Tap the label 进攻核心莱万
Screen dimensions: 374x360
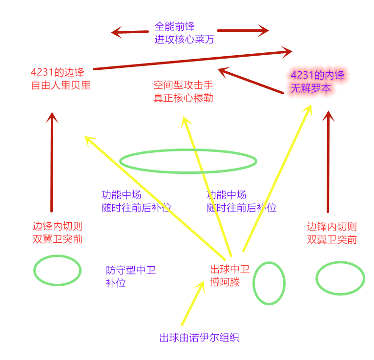point(184,40)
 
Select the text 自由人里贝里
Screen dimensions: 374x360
point(61,85)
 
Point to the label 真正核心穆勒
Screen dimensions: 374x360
point(183,98)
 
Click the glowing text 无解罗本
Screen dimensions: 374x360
point(311,89)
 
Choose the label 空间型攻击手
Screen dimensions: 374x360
point(183,85)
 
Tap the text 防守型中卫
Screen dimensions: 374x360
point(131,270)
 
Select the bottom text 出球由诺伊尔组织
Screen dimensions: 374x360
point(199,338)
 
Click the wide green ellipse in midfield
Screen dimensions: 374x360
point(188,161)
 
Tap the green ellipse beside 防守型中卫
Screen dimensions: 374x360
point(57,270)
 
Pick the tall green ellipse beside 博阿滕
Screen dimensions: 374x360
point(269,283)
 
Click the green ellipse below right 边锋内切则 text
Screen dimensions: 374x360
point(340,278)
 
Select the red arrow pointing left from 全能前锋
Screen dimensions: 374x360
point(129,33)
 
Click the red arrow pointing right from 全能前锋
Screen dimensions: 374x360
point(249,31)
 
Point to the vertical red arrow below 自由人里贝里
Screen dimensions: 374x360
point(52,161)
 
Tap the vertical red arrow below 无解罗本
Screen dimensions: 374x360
point(328,161)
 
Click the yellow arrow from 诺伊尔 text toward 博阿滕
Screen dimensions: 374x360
point(193,303)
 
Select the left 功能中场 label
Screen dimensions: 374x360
point(121,194)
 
